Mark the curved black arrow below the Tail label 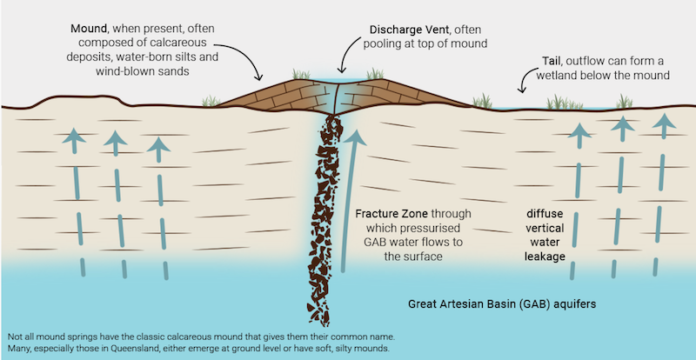pyautogui.click(x=525, y=82)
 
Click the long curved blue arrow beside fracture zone pyautogui.click(x=351, y=191)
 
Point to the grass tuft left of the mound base pyautogui.click(x=210, y=102)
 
